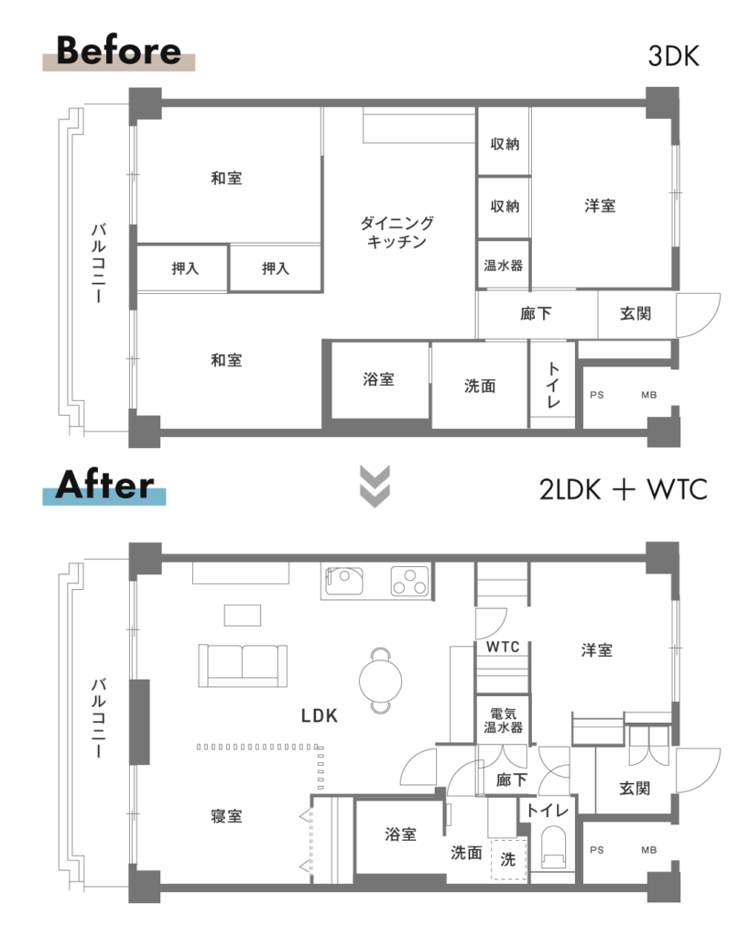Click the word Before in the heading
click(x=118, y=50)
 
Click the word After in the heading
click(x=104, y=485)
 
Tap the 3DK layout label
click(x=673, y=56)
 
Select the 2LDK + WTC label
click(x=624, y=489)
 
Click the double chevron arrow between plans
click(x=375, y=485)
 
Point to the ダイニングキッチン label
click(x=397, y=232)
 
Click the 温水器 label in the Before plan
click(x=503, y=265)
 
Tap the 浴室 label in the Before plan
click(x=378, y=378)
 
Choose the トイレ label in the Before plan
click(x=553, y=385)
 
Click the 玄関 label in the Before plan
click(x=636, y=313)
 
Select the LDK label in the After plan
click(x=320, y=715)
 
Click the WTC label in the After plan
click(x=503, y=647)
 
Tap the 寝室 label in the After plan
click(x=227, y=816)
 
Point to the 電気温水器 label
click(x=503, y=720)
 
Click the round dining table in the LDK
click(x=380, y=681)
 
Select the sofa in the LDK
click(x=243, y=666)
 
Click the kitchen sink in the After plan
click(x=344, y=581)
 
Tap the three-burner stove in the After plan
click(x=409, y=581)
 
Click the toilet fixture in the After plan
click(x=553, y=846)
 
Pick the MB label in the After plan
click(x=649, y=849)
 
